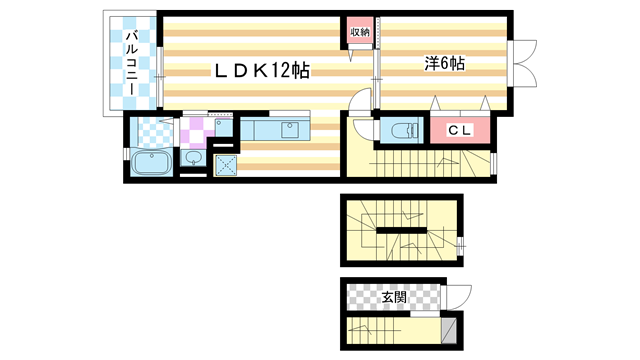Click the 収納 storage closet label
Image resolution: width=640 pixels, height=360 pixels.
click(360, 33)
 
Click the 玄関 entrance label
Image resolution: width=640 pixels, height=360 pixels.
click(393, 297)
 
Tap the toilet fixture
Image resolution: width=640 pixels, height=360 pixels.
click(402, 130)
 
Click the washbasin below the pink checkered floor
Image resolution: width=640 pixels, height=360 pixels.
click(195, 160)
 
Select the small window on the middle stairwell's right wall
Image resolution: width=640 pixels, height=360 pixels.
click(461, 243)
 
